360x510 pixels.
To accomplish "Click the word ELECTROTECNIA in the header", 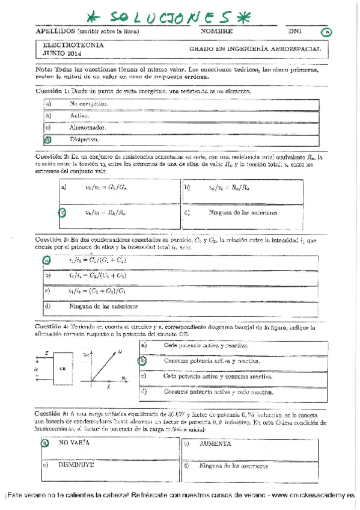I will pyautogui.click(x=73, y=45).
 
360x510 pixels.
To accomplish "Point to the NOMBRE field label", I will pyautogui.click(x=216, y=31).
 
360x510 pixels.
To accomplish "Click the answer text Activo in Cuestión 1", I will pyautogui.click(x=79, y=115).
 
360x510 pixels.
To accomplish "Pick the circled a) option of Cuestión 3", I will pyautogui.click(x=47, y=260).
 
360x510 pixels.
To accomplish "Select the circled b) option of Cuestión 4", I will pyautogui.click(x=143, y=361).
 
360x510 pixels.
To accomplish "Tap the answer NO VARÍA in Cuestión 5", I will pyautogui.click(x=74, y=443).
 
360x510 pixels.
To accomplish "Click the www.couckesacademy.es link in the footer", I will pyautogui.click(x=310, y=495).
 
